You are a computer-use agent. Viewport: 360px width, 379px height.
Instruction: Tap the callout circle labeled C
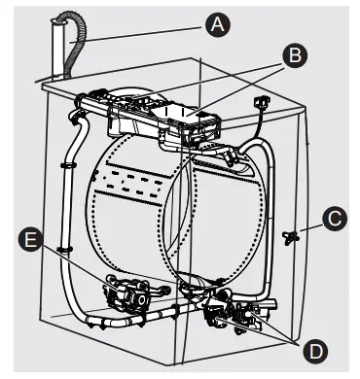335,220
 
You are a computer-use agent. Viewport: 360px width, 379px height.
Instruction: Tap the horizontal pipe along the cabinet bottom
136,318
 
